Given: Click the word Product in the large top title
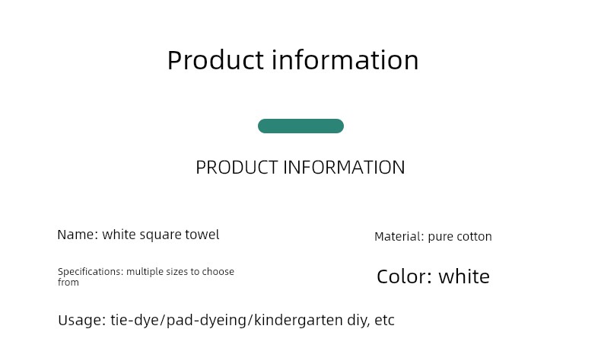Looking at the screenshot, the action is (x=215, y=60).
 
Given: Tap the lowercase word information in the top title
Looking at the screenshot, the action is (x=345, y=60).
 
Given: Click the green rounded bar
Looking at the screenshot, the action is (x=301, y=126).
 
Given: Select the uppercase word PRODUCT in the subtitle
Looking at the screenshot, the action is (x=237, y=168).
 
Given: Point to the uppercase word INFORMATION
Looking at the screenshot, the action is (x=344, y=168).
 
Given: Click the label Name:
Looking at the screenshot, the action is (x=78, y=235).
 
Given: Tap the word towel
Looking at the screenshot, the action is (x=202, y=235).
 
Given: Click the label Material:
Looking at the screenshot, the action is (x=399, y=236).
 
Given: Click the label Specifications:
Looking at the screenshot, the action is (x=91, y=272).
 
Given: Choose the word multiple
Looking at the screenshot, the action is (x=142, y=272).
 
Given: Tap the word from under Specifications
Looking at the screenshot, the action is (x=68, y=283).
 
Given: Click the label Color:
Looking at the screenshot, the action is (x=405, y=276).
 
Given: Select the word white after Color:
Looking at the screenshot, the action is (x=464, y=276).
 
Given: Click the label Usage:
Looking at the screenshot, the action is (x=81, y=320).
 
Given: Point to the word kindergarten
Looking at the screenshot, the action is (x=298, y=321).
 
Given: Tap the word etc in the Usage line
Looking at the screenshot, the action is (x=384, y=321).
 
